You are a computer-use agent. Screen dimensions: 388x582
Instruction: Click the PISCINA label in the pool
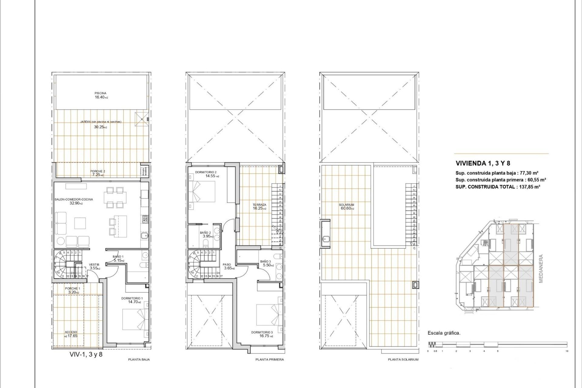pyautogui.click(x=100, y=93)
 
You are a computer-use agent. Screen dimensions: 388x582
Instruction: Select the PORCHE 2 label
pyautogui.click(x=98, y=171)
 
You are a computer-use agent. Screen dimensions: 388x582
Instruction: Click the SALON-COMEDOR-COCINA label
pyautogui.click(x=74, y=199)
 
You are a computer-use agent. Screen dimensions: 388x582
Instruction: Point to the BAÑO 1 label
pyautogui.click(x=118, y=256)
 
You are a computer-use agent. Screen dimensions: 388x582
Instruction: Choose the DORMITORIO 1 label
pyautogui.click(x=132, y=298)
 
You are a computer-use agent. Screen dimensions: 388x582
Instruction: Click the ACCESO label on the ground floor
pyautogui.click(x=71, y=332)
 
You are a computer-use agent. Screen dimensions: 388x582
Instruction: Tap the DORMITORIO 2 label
pyautogui.click(x=206, y=172)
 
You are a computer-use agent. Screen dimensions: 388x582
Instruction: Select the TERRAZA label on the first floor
pyautogui.click(x=259, y=205)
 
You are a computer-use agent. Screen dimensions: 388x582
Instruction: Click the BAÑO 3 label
pyautogui.click(x=266, y=261)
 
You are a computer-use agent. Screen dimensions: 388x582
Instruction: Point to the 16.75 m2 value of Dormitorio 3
pyautogui.click(x=265, y=336)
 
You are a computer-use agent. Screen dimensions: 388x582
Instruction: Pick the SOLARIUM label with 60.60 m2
pyautogui.click(x=346, y=205)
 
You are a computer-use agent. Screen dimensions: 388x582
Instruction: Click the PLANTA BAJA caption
pyautogui.click(x=139, y=360)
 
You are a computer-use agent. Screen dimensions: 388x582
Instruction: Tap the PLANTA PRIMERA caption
pyautogui.click(x=269, y=360)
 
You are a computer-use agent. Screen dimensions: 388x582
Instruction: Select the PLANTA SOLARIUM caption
pyautogui.click(x=403, y=360)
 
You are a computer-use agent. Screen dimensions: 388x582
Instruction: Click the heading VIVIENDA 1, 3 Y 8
pyautogui.click(x=483, y=163)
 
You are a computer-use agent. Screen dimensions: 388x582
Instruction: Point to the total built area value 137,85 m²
pyautogui.click(x=529, y=187)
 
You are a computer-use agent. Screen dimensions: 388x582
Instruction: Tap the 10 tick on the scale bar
pyautogui.click(x=567, y=351)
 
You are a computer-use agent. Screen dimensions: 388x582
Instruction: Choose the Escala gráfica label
pyautogui.click(x=444, y=333)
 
